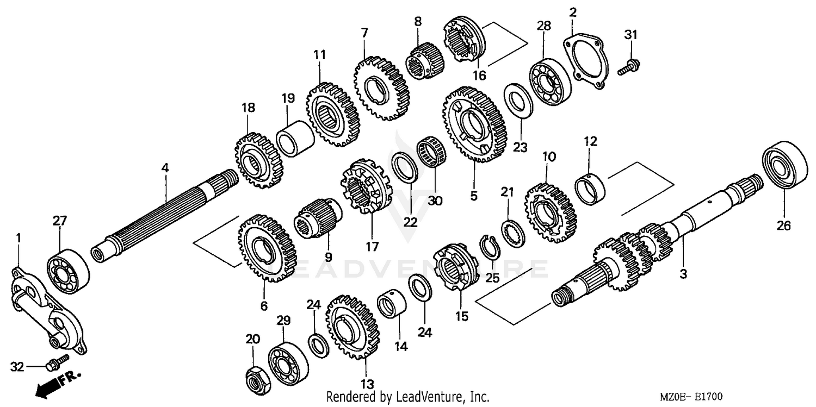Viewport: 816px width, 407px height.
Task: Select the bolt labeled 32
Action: pos(56,362)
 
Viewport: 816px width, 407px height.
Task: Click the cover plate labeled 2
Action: pos(585,64)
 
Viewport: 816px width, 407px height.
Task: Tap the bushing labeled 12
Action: pos(590,189)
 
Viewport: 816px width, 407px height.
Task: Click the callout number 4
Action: pos(165,168)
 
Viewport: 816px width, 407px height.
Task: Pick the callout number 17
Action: pos(372,247)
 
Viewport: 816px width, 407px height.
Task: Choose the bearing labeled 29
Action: pos(288,360)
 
